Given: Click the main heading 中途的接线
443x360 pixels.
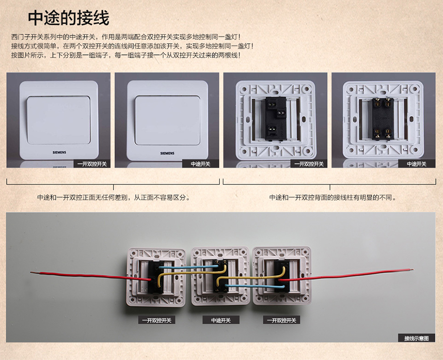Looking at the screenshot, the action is (69, 19).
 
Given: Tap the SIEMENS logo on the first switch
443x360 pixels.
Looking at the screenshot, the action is (60, 152).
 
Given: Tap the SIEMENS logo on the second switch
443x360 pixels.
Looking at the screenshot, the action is (167, 153).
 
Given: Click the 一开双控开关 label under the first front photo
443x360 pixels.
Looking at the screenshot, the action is (92, 164).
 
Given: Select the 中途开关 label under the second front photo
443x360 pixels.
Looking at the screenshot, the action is (201, 164).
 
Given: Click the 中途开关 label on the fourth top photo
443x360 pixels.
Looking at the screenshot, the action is (417, 164).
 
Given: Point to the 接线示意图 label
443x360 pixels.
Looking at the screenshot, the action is (416, 338).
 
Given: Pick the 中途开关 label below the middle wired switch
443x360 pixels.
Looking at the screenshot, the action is (221, 320).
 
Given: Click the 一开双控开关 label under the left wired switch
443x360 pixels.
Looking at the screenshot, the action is (157, 320).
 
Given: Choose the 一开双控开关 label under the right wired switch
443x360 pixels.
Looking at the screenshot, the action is (282, 320).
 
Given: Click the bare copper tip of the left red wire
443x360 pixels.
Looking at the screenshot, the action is (35, 273).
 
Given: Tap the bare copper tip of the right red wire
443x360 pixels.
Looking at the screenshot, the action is (410, 270).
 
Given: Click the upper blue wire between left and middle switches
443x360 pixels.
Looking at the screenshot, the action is (189, 267).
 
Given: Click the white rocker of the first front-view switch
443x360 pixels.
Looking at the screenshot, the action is (59, 120).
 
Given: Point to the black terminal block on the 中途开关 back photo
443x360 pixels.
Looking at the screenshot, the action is (383, 118).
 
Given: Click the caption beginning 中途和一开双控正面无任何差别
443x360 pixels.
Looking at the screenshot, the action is (113, 197).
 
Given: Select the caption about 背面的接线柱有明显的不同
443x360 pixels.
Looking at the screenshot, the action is (332, 197).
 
